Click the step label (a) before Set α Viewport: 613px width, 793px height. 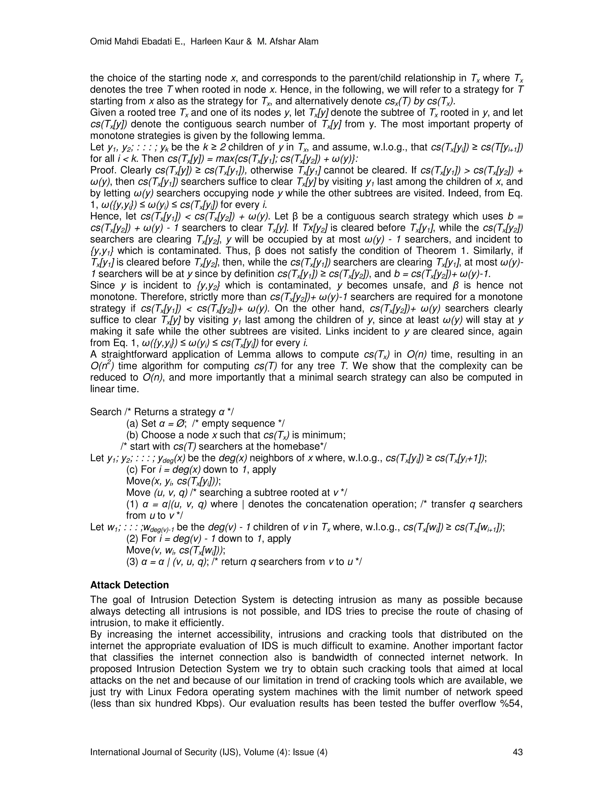click(x=132, y=424)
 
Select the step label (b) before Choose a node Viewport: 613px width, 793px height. click(x=132, y=435)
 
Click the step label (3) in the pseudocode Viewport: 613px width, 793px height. click(x=132, y=562)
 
